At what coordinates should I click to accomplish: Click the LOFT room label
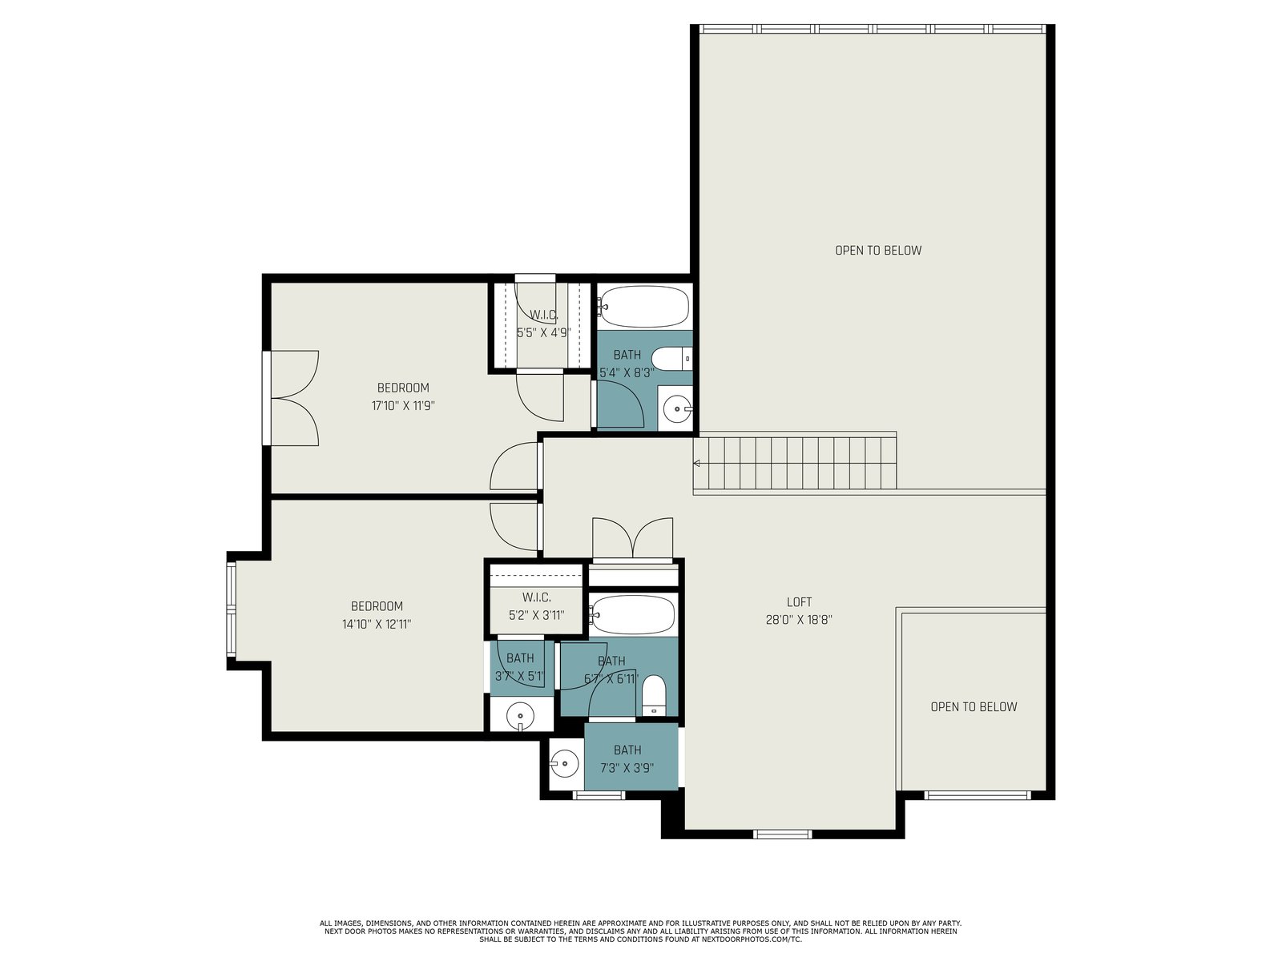pos(798,601)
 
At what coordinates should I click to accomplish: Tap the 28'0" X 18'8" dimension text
pos(798,620)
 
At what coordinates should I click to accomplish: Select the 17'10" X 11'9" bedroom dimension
pos(403,405)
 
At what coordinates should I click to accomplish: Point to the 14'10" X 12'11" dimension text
pos(377,624)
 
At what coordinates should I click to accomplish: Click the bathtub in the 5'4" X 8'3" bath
pos(644,307)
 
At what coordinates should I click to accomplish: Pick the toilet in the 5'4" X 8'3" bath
pos(671,358)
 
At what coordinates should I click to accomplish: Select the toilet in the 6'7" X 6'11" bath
pos(654,696)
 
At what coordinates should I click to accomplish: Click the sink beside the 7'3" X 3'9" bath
pos(565,762)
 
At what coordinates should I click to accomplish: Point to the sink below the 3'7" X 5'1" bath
pos(520,715)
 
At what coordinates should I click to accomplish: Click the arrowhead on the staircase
pos(697,464)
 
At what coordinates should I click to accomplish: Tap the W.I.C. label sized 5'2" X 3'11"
pos(536,597)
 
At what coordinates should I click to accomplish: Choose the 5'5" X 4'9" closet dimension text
pos(543,333)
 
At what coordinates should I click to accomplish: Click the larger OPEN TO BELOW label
pos(878,251)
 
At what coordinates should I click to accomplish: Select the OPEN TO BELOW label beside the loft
pos(974,706)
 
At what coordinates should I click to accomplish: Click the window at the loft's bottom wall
pos(782,834)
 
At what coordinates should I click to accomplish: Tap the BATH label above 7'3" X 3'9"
pos(627,750)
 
